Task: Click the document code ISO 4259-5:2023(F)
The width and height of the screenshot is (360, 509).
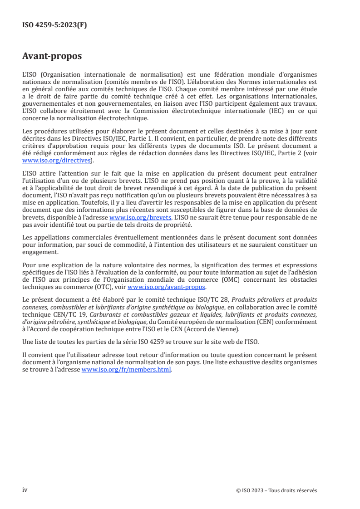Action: coord(54,25)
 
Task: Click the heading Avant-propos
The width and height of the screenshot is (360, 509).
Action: coord(52,56)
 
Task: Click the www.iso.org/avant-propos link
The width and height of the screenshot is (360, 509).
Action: coord(167,287)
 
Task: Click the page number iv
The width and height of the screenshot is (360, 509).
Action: coord(25,490)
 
